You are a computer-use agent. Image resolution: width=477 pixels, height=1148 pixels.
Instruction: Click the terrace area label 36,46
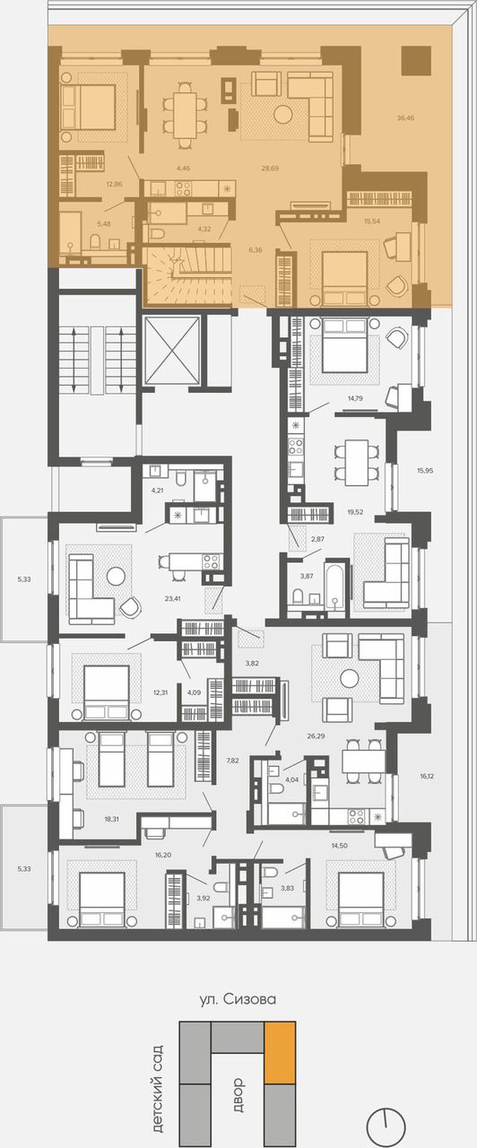(405, 117)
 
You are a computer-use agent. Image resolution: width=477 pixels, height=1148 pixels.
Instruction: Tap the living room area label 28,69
(270, 168)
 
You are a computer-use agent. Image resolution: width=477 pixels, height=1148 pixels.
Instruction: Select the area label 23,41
(173, 598)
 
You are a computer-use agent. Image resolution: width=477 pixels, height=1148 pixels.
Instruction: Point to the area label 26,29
(317, 736)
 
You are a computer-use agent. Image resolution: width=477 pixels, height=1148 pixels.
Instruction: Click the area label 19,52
(355, 511)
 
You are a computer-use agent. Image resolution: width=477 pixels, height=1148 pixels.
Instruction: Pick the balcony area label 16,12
(427, 777)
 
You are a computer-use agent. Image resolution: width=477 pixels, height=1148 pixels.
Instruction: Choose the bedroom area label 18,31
(112, 819)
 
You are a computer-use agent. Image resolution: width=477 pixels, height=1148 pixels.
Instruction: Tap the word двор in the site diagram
(238, 1095)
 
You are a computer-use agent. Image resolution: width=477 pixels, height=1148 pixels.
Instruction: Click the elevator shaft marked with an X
(172, 350)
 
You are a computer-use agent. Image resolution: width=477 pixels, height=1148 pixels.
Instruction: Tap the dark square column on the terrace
(416, 60)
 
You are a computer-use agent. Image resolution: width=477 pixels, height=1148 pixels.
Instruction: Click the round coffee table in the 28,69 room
(282, 114)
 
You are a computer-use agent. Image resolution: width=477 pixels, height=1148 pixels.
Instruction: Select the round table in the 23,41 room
(117, 576)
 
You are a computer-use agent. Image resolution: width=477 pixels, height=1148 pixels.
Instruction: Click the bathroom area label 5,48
(103, 224)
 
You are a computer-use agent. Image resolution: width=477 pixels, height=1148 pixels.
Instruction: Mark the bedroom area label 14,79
(355, 397)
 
